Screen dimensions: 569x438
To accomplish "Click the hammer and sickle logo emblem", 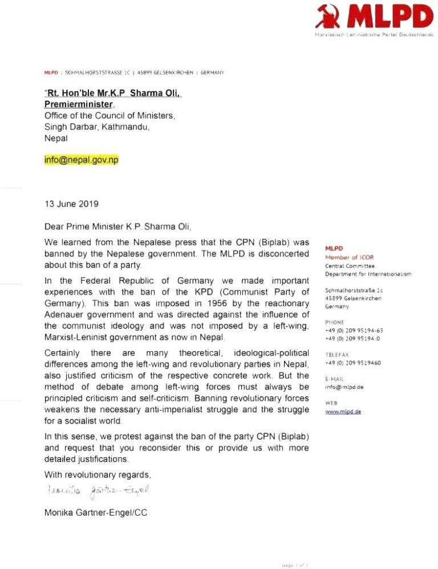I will tap(331, 17).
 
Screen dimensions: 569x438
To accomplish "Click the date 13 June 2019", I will tap(72, 203).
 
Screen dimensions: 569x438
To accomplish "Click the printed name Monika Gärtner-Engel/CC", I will tap(96, 513).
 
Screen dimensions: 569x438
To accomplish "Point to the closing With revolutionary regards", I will tap(98, 475).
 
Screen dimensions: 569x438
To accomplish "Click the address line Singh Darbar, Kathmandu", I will tap(97, 127).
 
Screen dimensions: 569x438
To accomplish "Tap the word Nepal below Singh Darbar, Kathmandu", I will tap(56, 139).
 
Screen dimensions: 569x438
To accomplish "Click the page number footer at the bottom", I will tap(295, 564).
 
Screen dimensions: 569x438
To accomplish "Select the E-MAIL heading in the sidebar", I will tap(335, 377).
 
